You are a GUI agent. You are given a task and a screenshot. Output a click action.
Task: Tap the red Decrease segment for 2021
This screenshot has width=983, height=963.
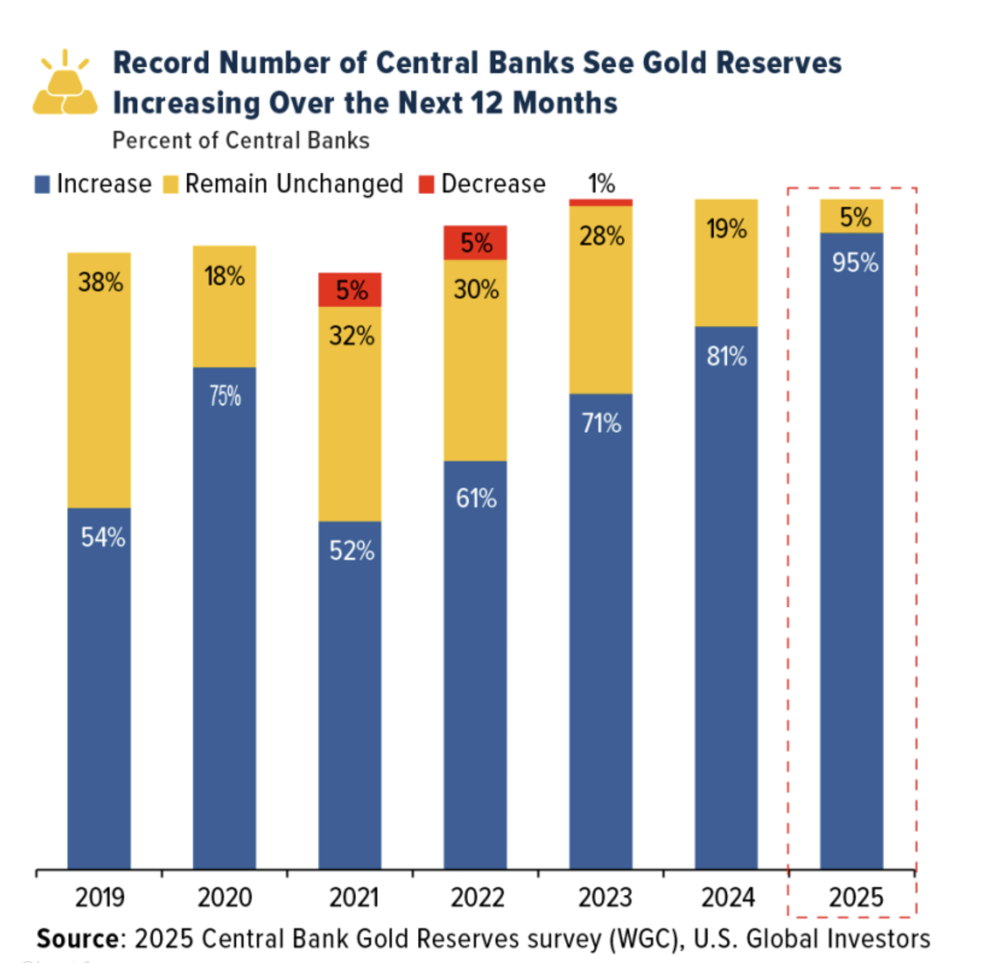[349, 290]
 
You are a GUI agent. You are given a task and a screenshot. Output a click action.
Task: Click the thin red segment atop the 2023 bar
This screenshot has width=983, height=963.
[601, 202]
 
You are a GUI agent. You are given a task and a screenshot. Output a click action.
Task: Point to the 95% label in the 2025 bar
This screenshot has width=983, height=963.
[855, 263]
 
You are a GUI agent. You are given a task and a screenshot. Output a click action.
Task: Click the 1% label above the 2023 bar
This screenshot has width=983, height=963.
[601, 183]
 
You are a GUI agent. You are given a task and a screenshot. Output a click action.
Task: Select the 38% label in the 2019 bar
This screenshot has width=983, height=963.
[100, 282]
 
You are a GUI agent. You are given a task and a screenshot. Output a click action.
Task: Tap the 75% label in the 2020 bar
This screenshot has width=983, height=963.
[225, 396]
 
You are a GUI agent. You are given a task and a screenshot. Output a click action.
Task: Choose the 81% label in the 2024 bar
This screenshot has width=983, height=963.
[727, 356]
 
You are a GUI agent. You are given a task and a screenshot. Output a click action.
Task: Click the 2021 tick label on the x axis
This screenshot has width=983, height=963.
[353, 897]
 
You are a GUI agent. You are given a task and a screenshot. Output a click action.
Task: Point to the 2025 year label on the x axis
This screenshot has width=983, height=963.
[856, 897]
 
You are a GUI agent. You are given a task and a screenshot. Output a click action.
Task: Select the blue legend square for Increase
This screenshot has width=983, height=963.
[42, 184]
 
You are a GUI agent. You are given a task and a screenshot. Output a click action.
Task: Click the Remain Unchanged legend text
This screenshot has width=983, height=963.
[294, 184]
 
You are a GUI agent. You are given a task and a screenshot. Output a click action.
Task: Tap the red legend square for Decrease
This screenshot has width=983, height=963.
[426, 184]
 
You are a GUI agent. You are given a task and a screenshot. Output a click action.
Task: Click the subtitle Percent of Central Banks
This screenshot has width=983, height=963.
[241, 141]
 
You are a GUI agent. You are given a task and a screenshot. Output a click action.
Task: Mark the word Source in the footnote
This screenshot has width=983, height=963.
[78, 939]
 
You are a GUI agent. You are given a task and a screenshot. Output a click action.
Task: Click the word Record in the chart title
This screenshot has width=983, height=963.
[162, 63]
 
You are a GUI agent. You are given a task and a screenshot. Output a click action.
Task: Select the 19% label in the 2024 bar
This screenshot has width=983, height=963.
[727, 229]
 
